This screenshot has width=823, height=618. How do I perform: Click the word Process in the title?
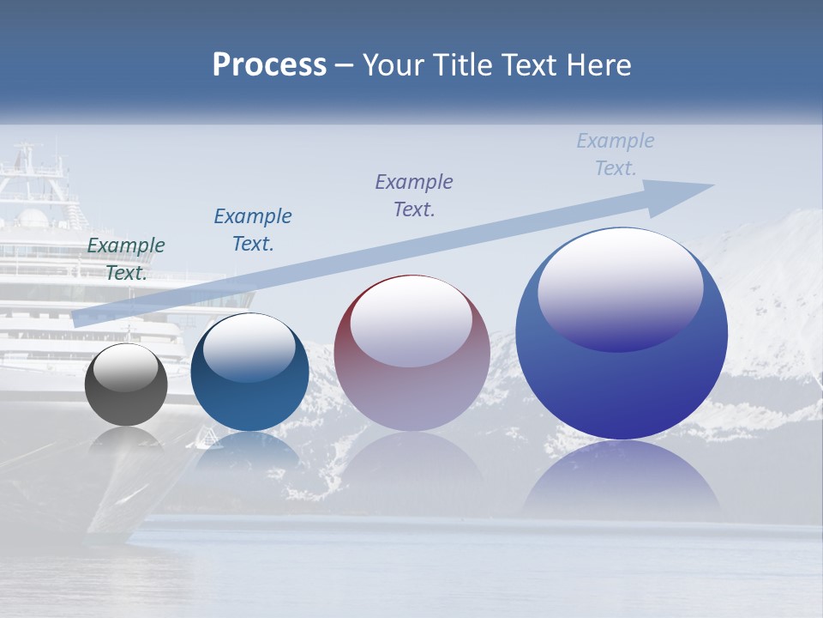click(x=269, y=65)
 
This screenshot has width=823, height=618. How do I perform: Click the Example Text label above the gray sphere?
click(x=126, y=258)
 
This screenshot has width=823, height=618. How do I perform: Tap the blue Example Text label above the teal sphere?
click(x=253, y=229)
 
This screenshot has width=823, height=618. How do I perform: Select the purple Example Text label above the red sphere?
click(x=414, y=195)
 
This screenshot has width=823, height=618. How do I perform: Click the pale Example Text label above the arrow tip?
click(x=616, y=154)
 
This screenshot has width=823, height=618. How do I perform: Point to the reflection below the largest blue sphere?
click(x=622, y=481)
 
